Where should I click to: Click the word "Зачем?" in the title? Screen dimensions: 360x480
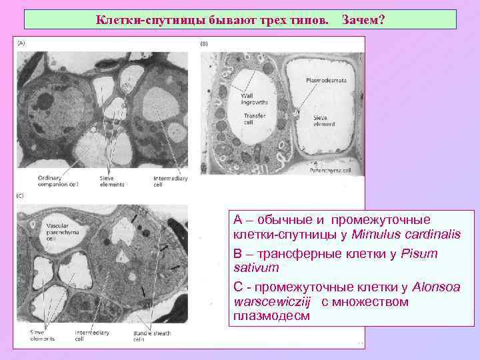pos(363,20)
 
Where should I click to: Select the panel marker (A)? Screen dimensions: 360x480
pos(22,42)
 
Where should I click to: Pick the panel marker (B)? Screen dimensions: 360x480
pos(205,43)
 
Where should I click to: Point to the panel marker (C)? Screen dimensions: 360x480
pos(21,195)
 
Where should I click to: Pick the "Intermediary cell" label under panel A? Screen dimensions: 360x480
pos(169,181)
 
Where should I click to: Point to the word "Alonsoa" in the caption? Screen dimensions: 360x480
pos(445,287)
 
